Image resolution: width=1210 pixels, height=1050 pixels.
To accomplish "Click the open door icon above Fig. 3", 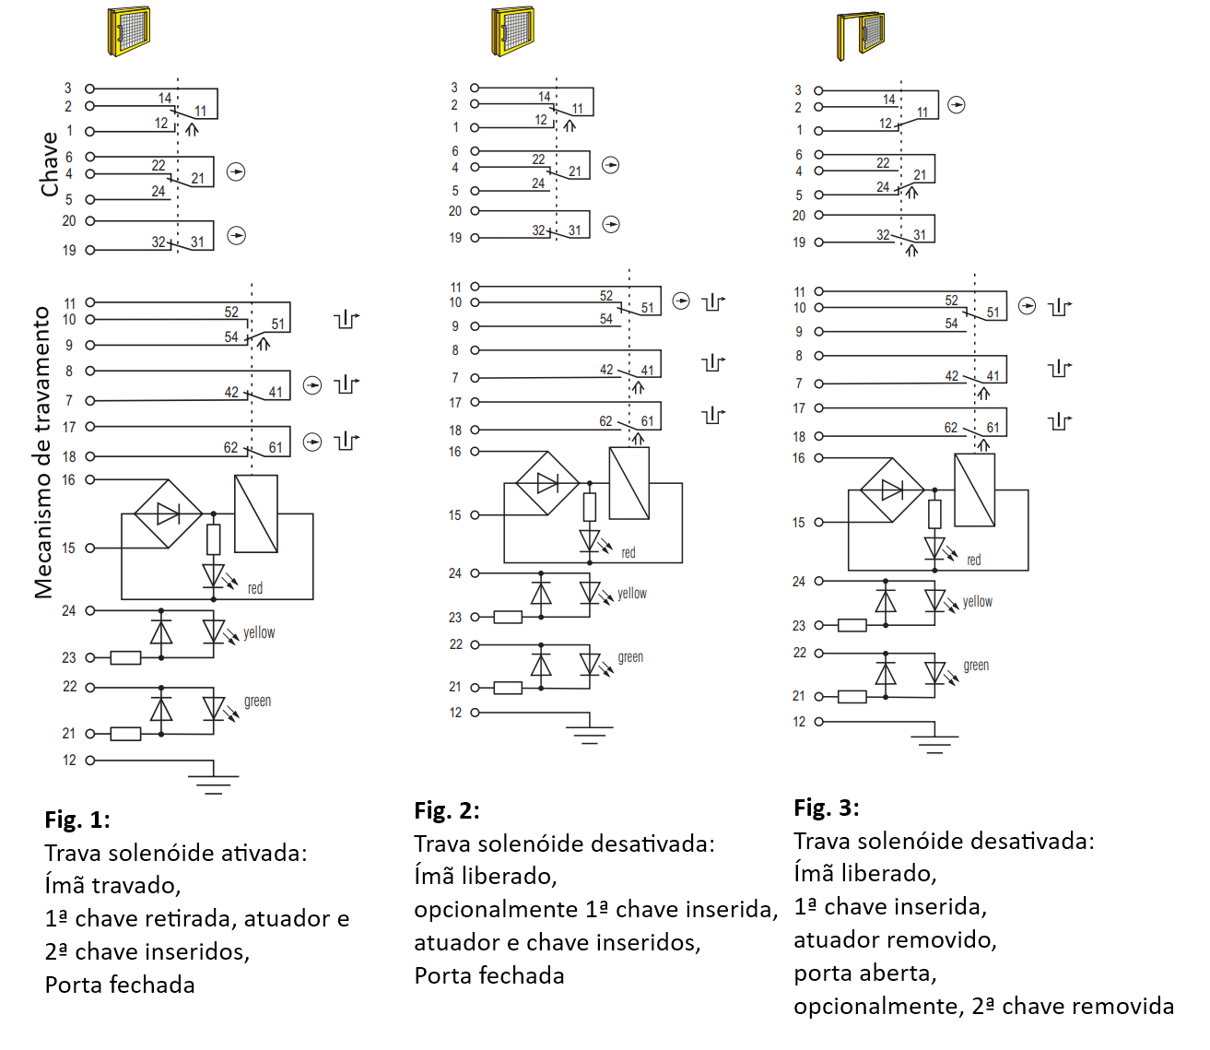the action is click(861, 36).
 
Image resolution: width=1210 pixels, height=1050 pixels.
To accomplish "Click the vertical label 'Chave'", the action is click(49, 164).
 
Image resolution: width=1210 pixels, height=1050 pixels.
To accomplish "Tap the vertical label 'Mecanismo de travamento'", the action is click(43, 453).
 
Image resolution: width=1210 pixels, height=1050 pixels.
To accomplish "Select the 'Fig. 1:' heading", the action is click(77, 820).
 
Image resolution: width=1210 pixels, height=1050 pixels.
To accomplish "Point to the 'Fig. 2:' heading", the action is click(447, 810).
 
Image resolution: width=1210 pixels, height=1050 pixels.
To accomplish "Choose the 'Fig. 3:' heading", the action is click(827, 808).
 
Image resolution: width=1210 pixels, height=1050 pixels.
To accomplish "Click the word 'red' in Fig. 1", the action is click(255, 588).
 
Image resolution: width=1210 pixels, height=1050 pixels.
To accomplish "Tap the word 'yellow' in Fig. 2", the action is click(631, 594).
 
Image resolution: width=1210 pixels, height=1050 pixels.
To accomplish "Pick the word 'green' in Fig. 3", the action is click(976, 666).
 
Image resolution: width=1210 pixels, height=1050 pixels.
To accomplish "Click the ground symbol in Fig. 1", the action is click(214, 785).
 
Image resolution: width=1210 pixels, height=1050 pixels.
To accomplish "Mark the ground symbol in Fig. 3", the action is click(934, 744).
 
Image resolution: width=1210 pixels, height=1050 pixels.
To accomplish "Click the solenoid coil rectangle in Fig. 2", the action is click(629, 483).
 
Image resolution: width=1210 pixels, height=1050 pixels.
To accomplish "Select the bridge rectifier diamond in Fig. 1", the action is click(169, 513).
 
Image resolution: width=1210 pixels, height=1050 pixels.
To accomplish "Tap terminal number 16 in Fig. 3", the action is click(798, 458).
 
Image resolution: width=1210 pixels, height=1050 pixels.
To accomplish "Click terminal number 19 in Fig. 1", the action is click(69, 250).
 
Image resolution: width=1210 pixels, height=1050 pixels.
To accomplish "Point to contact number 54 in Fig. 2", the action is click(606, 319).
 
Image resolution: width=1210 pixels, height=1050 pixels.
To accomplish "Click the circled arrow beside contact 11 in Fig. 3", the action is click(957, 105).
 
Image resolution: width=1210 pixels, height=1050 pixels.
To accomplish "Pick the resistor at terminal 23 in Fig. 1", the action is click(125, 658).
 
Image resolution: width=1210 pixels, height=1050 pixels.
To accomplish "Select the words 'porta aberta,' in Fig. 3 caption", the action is click(865, 973).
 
